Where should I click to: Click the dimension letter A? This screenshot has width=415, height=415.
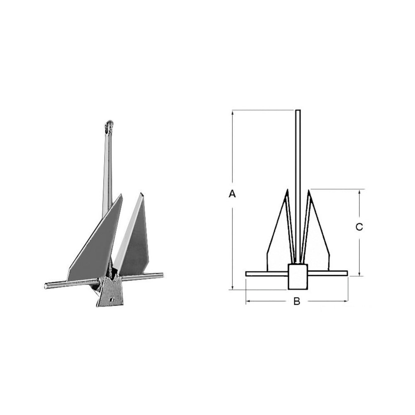pyautogui.click(x=232, y=194)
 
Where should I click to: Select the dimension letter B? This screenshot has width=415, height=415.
pyautogui.click(x=297, y=301)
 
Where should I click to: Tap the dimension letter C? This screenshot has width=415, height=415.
pyautogui.click(x=359, y=227)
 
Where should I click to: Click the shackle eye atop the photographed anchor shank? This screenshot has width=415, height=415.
pyautogui.click(x=109, y=127)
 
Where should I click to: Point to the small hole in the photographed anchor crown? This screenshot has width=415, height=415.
pyautogui.click(x=111, y=300)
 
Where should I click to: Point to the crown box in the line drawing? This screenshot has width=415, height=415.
pyautogui.click(x=298, y=276)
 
